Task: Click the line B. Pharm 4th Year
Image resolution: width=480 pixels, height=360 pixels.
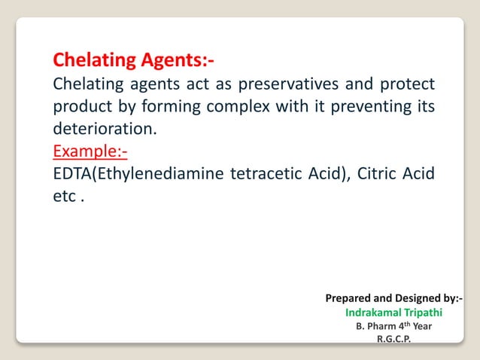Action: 393,326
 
